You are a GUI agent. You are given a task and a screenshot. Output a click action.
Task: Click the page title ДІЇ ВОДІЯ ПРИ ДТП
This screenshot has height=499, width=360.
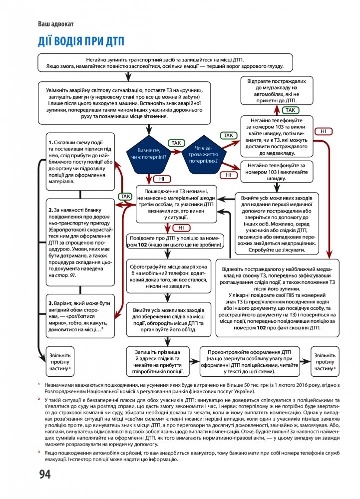81,41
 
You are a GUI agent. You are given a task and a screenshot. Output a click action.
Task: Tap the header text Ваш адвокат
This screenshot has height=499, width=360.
55,23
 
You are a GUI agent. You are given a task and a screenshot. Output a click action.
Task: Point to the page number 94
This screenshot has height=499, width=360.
45,474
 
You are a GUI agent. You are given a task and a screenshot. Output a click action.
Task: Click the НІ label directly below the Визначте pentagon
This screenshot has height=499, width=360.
162,179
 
